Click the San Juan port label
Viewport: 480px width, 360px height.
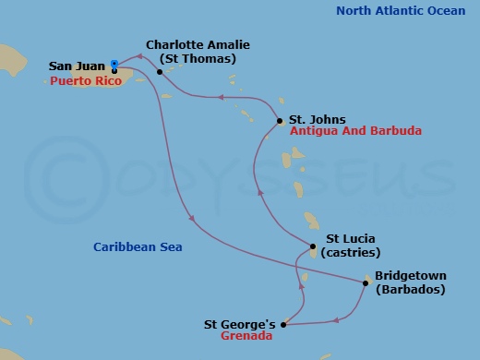pyautogui.click(x=76, y=67)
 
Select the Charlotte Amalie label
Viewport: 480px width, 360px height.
pyautogui.click(x=198, y=44)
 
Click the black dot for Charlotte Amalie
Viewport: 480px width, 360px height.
pyautogui.click(x=160, y=71)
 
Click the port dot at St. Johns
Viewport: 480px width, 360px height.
pyautogui.click(x=280, y=121)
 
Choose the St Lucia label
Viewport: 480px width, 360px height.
pyautogui.click(x=348, y=237)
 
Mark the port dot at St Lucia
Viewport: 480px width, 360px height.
pyautogui.click(x=314, y=247)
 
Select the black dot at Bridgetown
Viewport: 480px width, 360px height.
pyautogui.click(x=366, y=282)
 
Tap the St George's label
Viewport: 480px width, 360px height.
pyautogui.click(x=240, y=324)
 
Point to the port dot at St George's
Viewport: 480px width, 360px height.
pyautogui.click(x=283, y=325)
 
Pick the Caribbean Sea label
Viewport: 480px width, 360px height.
pyautogui.click(x=138, y=246)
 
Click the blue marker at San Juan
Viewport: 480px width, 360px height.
pyautogui.click(x=114, y=64)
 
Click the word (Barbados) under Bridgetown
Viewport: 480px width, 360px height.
pyautogui.click(x=410, y=289)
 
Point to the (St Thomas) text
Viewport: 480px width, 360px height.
pyautogui.click(x=198, y=58)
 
